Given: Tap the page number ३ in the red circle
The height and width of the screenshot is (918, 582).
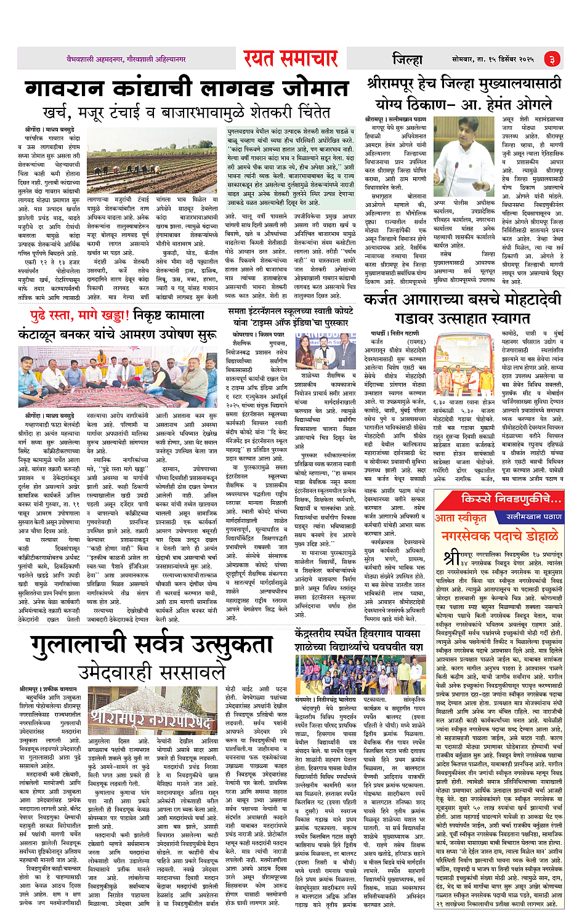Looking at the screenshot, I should pyautogui.click(x=552, y=59).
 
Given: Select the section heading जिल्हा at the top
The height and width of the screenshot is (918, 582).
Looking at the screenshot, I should pyautogui.click(x=407, y=59).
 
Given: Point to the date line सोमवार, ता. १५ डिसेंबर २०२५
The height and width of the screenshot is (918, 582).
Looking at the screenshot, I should pyautogui.click(x=493, y=59).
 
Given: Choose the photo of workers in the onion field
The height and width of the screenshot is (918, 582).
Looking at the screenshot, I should pyautogui.click(x=152, y=162).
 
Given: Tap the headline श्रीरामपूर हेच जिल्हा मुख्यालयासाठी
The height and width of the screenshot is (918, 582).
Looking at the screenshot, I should pyautogui.click(x=463, y=83).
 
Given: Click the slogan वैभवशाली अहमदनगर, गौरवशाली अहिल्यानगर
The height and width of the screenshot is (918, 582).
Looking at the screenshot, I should pyautogui.click(x=126, y=59).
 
